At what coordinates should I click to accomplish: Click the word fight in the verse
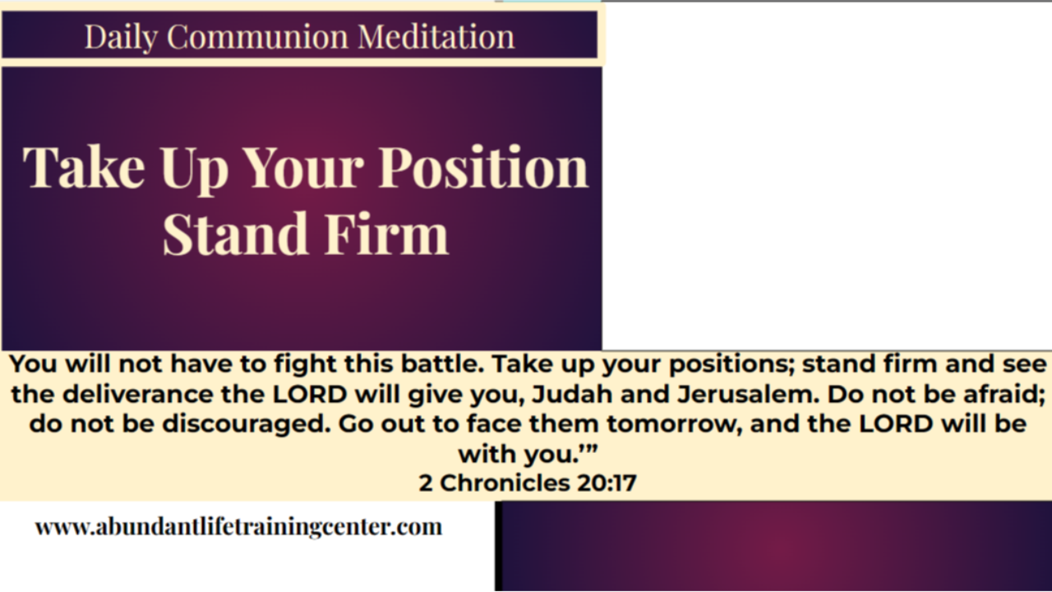tap(332, 364)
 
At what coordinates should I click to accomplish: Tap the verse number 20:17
tap(607, 483)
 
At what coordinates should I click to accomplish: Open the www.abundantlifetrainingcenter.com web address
tap(238, 527)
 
